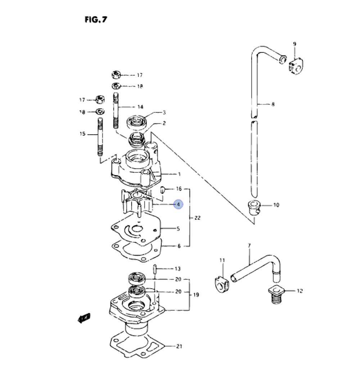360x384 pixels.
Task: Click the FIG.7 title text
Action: click(x=96, y=19)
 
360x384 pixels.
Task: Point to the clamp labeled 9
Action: click(x=297, y=67)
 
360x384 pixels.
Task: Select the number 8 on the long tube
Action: click(x=273, y=104)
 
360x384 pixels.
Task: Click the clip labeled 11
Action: click(x=221, y=284)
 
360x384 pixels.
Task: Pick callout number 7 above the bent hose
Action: click(x=249, y=245)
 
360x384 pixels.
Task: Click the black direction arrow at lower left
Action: click(x=84, y=317)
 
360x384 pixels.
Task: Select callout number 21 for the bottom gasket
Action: click(x=179, y=347)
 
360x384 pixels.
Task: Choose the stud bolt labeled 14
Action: click(x=116, y=110)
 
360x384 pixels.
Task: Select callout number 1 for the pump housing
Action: click(x=179, y=175)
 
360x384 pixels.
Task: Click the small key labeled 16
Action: click(x=162, y=190)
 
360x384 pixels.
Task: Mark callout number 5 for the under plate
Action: click(x=178, y=229)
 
